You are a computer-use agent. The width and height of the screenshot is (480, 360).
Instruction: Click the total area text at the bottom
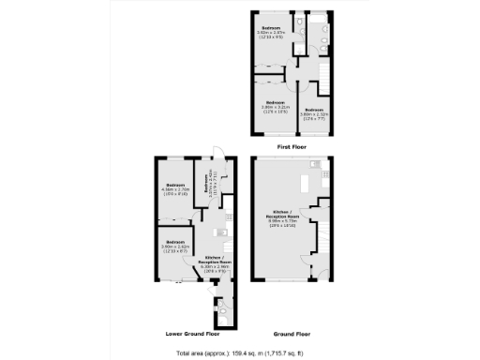[x=240, y=353]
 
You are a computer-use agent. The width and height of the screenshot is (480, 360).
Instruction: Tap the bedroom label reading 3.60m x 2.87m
[x=274, y=36]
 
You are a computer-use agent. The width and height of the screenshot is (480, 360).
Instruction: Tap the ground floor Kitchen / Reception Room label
[x=280, y=217]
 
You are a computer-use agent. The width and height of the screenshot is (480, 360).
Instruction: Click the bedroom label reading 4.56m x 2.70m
[x=174, y=189]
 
